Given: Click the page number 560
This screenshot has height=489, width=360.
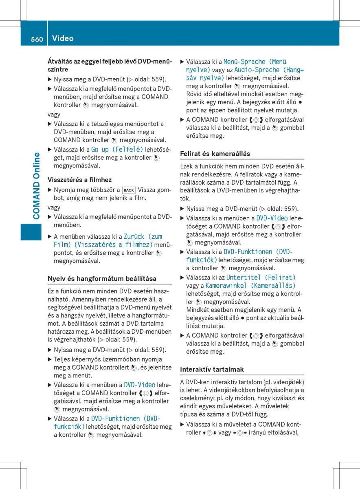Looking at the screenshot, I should pyautogui.click(x=37, y=39).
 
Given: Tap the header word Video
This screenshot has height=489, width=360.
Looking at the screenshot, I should pyautogui.click(x=63, y=38).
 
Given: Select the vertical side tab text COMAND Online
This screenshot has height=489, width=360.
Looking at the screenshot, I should pyautogui.click(x=37, y=185).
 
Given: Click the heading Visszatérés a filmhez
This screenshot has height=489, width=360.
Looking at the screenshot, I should pyautogui.click(x=79, y=180).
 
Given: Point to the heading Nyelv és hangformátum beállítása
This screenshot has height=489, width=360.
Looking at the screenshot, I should pyautogui.click(x=102, y=279).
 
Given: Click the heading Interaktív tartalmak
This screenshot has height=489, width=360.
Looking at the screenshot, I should pyautogui.click(x=212, y=369).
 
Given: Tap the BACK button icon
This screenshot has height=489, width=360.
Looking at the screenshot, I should pyautogui.click(x=129, y=190).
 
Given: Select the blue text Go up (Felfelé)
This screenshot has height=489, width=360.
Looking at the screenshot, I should pyautogui.click(x=117, y=149).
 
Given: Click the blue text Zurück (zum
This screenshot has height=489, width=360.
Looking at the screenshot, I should pyautogui.click(x=143, y=236).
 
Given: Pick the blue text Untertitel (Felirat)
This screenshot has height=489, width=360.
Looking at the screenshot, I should pyautogui.click(x=261, y=278).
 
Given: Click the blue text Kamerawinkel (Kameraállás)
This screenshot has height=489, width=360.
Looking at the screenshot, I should pyautogui.click(x=250, y=286).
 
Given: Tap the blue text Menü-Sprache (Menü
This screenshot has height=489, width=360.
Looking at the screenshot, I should pyautogui.click(x=255, y=62).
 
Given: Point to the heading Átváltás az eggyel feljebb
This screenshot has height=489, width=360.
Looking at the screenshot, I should pyautogui.click(x=110, y=62).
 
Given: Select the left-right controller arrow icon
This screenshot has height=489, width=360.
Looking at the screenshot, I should pyautogui.click(x=240, y=432).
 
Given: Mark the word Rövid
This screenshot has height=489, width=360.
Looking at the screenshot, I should pyautogui.click(x=195, y=94).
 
